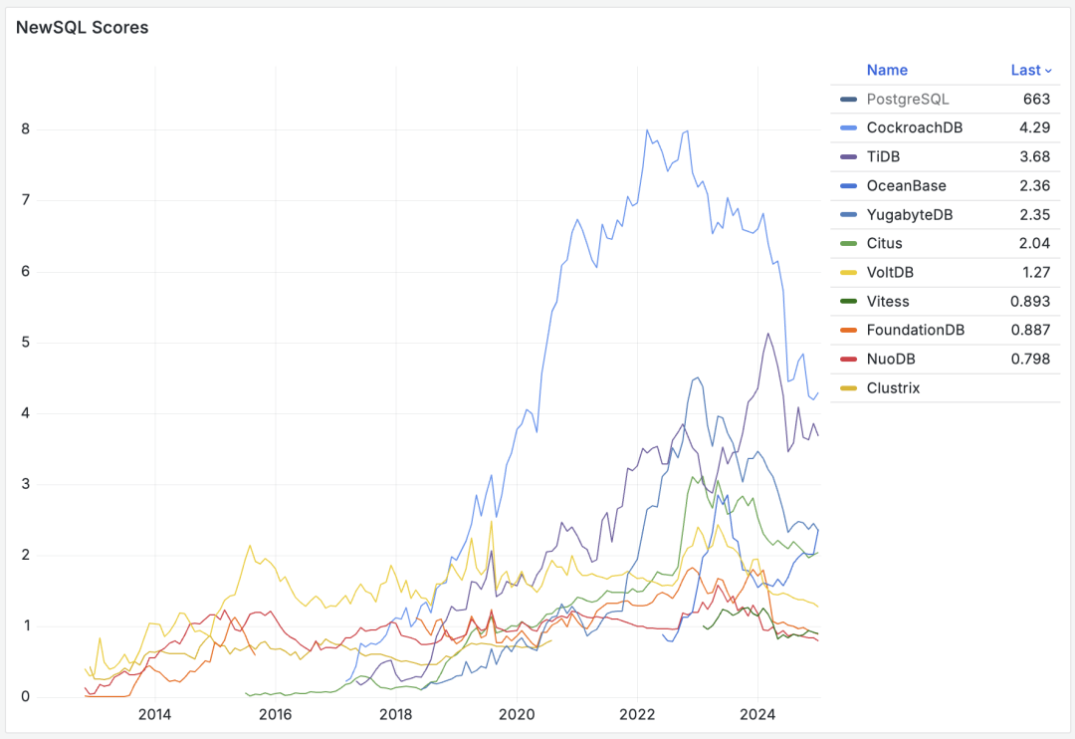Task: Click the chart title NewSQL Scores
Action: coord(83,28)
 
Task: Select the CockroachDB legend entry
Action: coord(914,127)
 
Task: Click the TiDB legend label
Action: coord(883,156)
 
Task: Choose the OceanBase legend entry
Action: coord(906,185)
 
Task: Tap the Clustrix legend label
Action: coord(893,387)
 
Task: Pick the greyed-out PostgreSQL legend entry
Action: coord(908,99)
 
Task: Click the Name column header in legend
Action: coord(887,70)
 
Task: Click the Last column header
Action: coord(1026,70)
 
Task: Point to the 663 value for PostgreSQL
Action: coord(1036,99)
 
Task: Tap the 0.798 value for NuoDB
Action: coord(1030,359)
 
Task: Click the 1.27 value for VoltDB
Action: coord(1034,272)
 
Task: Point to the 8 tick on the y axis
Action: coord(26,129)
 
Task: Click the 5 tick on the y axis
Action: coord(26,343)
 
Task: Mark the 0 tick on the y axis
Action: coord(26,697)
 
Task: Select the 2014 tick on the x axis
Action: coord(154,714)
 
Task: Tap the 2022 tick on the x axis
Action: coord(637,714)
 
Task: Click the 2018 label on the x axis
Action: coord(396,714)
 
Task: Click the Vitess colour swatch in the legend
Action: coord(848,301)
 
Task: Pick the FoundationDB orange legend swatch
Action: coord(848,330)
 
